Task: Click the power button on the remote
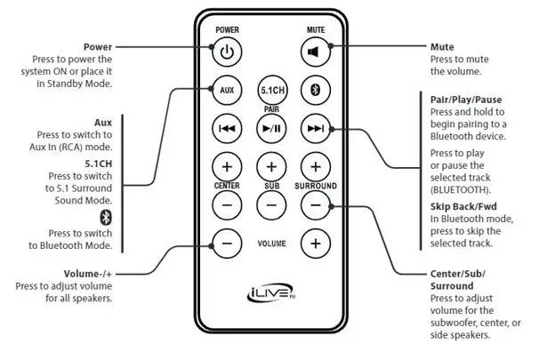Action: pos(227,51)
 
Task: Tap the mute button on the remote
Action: pos(315,51)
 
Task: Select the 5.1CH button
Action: pos(270,90)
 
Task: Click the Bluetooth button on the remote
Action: pos(315,89)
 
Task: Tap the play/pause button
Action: pos(270,128)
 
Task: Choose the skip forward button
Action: pos(315,128)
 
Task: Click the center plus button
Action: pos(227,166)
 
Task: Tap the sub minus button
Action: pos(270,204)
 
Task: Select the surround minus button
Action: pos(315,204)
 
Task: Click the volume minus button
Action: pos(227,242)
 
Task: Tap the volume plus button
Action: pos(315,242)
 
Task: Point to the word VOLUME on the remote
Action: pos(270,242)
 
